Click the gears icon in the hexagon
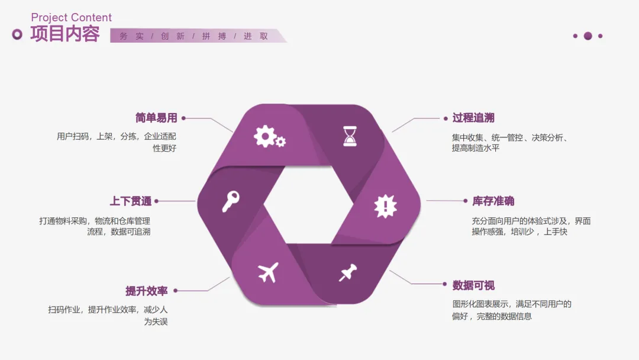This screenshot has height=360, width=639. [x=269, y=137]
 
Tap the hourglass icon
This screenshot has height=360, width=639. [x=350, y=136]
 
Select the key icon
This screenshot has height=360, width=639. [x=230, y=201]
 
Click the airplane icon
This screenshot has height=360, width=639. [x=268, y=272]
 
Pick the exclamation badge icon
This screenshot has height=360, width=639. [x=385, y=206]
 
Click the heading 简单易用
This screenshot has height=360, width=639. [x=156, y=118]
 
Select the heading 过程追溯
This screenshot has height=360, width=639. [x=473, y=118]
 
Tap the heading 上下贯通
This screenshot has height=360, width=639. [x=130, y=201]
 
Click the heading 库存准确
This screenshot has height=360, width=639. [x=493, y=201]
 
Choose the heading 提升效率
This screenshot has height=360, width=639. [x=147, y=291]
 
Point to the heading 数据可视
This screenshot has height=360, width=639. [x=473, y=285]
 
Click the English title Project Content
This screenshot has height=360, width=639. [x=71, y=18]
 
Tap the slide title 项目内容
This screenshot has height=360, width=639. [x=65, y=34]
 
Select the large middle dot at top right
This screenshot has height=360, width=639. [x=588, y=36]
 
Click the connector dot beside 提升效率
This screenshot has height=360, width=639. [x=175, y=291]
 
